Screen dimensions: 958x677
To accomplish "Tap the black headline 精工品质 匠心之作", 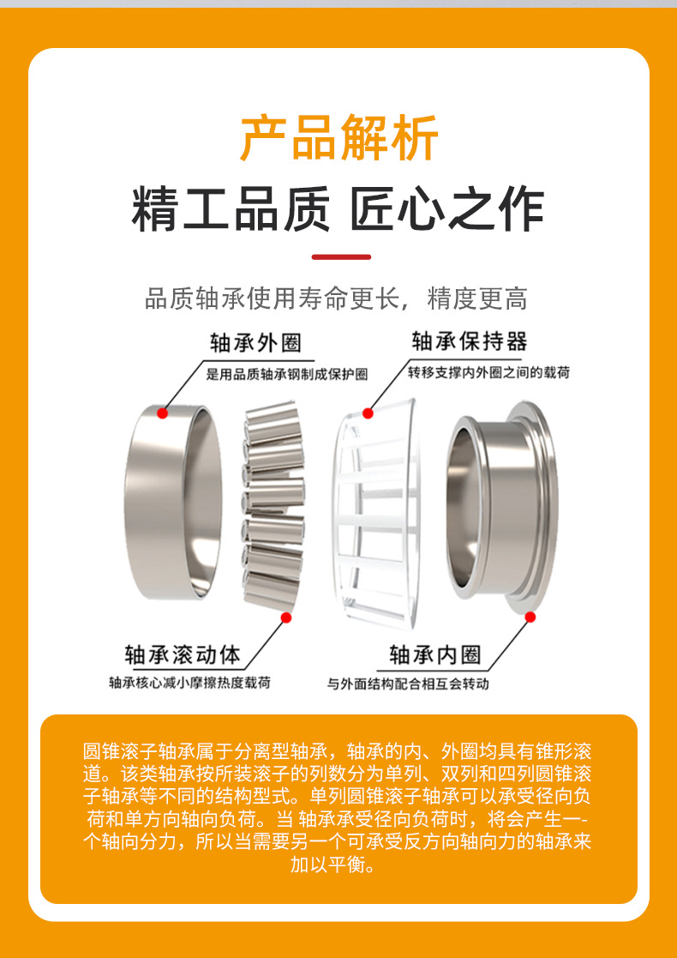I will (338, 210).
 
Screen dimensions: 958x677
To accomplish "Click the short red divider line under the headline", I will (340, 256).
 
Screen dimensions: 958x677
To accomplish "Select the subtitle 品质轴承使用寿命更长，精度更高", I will (336, 298).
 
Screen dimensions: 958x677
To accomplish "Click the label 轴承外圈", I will (256, 343).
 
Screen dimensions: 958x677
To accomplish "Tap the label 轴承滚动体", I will (183, 656).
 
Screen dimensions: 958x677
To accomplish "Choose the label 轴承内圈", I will (435, 656).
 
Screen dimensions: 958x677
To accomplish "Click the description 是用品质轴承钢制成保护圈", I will (287, 374).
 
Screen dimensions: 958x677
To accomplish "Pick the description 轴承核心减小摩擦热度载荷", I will (189, 684).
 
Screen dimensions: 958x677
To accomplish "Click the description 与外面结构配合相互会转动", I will (408, 684).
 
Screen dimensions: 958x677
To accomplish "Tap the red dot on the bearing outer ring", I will (162, 413).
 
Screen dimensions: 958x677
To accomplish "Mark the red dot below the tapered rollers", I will (286, 616).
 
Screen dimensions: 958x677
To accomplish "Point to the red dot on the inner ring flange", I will (530, 617).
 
